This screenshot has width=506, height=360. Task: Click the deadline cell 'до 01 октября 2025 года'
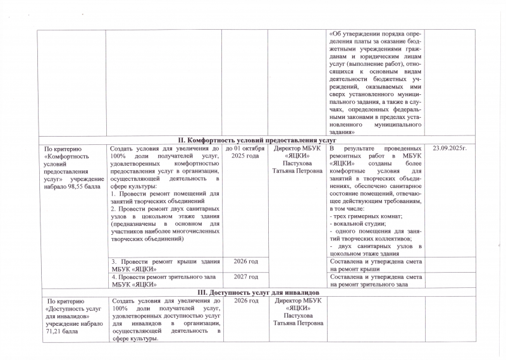[x=245, y=151]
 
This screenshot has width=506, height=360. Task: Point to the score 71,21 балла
[x=61, y=330]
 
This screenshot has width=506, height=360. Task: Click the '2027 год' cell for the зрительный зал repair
[x=245, y=276]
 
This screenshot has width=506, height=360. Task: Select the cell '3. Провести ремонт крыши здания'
[x=165, y=261]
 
